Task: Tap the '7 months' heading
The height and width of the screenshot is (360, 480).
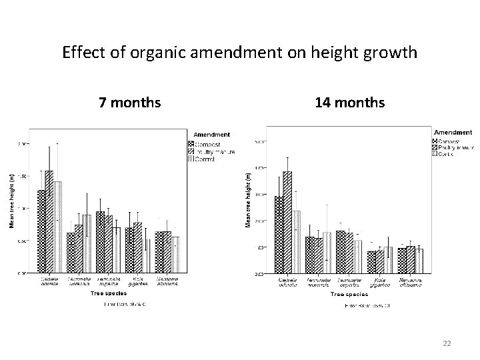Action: point(129,103)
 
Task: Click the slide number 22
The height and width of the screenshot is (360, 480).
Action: point(447,343)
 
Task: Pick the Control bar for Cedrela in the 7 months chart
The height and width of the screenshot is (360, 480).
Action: point(57,227)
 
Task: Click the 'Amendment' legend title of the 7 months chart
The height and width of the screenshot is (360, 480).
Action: point(211,135)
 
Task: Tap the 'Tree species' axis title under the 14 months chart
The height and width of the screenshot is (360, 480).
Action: point(349,294)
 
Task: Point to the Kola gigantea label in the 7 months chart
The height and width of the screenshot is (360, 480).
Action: point(137,281)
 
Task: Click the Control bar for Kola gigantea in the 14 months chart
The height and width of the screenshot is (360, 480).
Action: point(389,260)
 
